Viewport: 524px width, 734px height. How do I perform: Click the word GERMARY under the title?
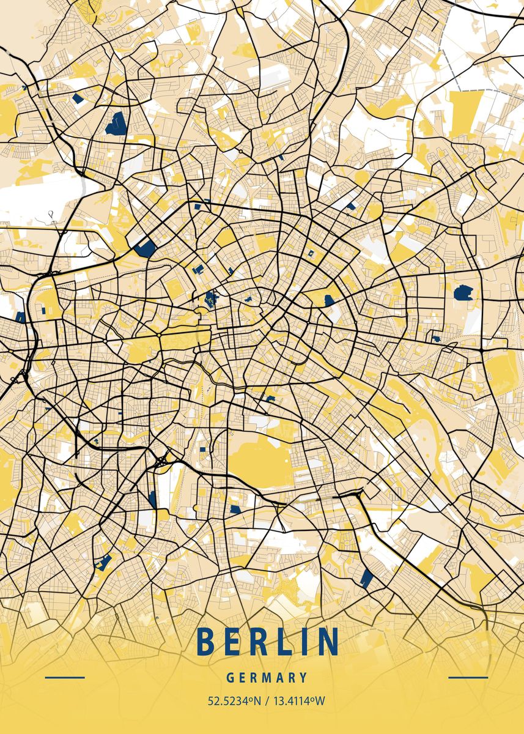[267, 678]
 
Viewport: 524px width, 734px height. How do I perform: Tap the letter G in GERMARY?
[230, 678]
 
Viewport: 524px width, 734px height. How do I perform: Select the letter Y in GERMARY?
[303, 678]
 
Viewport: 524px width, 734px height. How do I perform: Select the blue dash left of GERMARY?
[65, 678]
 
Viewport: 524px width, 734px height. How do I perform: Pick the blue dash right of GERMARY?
[468, 678]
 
